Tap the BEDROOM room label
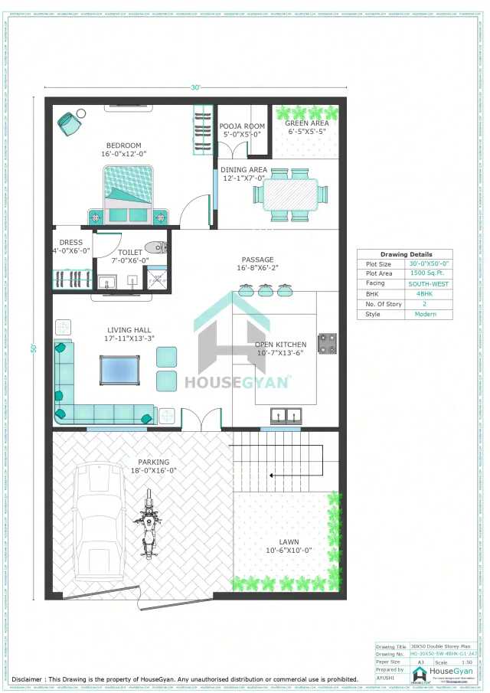[x=123, y=145]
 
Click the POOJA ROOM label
[x=242, y=126]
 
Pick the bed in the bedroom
[x=129, y=191]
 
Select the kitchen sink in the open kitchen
[x=285, y=415]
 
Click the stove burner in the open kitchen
[x=328, y=344]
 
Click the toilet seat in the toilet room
[x=156, y=247]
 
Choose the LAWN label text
[x=289, y=540]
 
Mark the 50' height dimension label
[x=34, y=348]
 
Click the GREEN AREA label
[x=307, y=123]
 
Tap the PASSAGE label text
[x=257, y=260]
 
